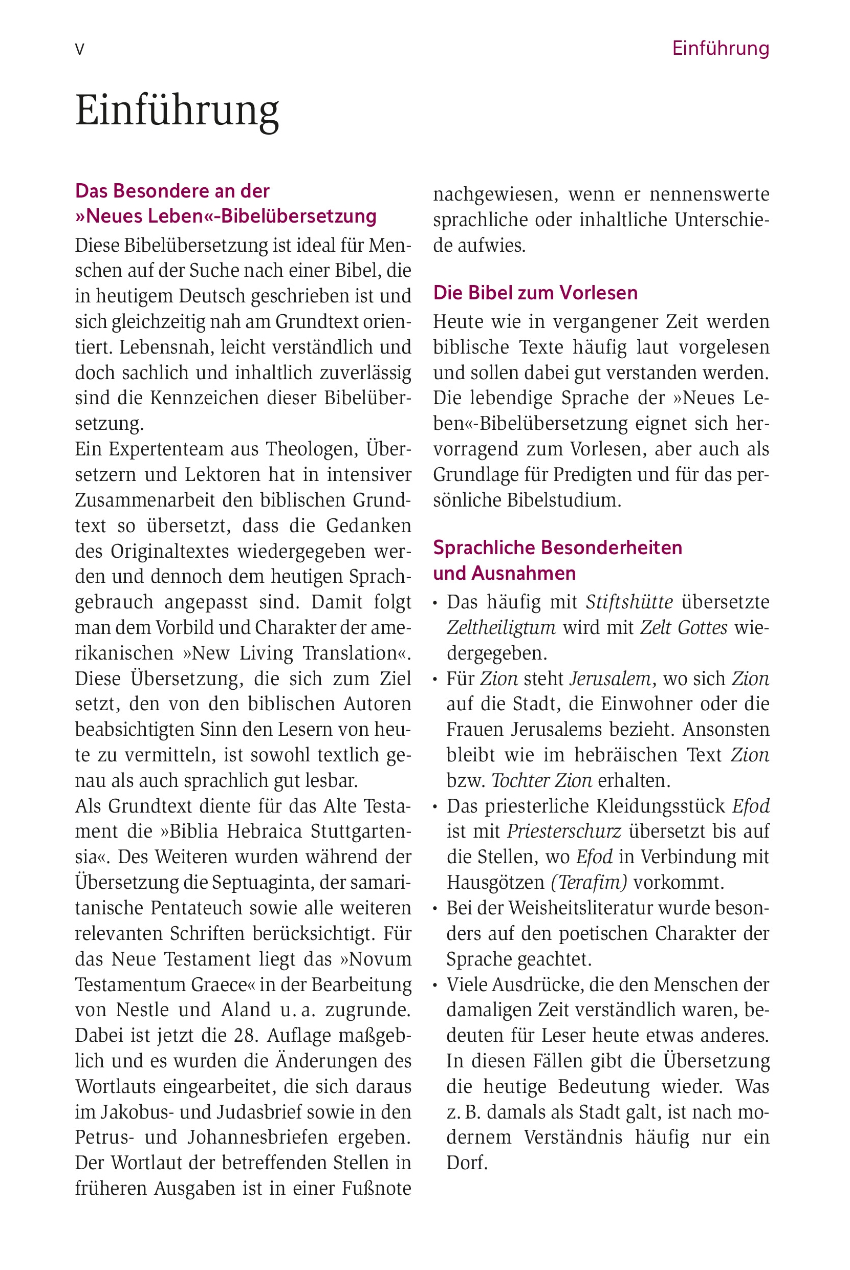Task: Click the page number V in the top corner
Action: pyautogui.click(x=80, y=50)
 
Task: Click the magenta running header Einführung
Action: pyautogui.click(x=720, y=49)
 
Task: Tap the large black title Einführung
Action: pyautogui.click(x=177, y=111)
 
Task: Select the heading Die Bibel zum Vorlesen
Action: pyautogui.click(x=535, y=293)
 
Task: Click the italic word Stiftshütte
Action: pyautogui.click(x=629, y=602)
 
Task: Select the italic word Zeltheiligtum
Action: pyautogui.click(x=501, y=627)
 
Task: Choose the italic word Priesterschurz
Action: pyautogui.click(x=564, y=831)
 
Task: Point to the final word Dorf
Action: pyautogui.click(x=467, y=1163)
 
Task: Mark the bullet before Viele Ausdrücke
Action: pyautogui.click(x=435, y=985)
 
